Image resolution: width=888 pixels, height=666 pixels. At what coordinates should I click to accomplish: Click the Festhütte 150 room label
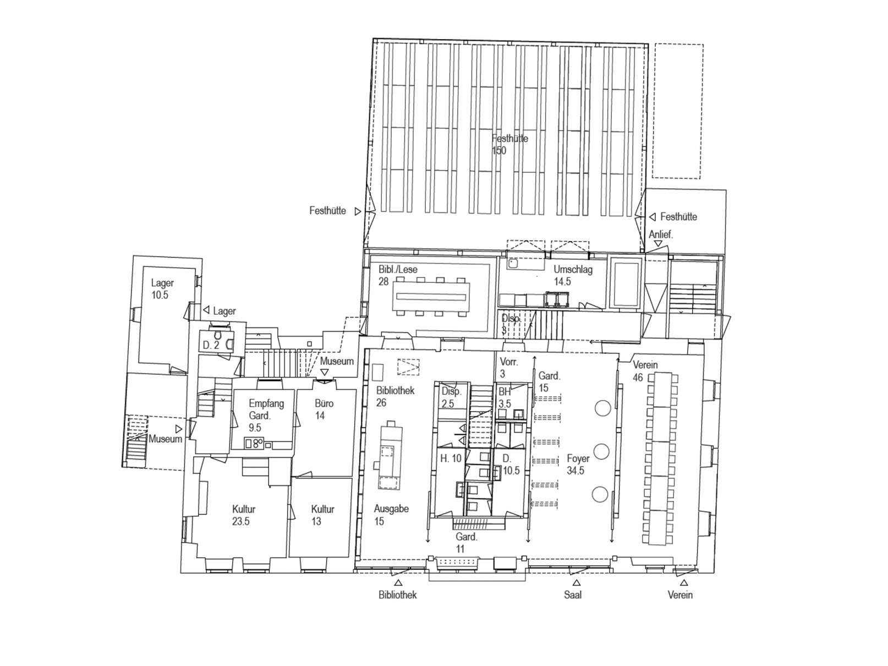click(x=509, y=144)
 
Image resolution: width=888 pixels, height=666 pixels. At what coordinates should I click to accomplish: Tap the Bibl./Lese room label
click(x=397, y=275)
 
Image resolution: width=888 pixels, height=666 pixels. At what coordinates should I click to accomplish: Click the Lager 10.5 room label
click(x=162, y=289)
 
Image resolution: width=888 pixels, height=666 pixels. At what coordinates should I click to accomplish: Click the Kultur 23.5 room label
click(x=243, y=515)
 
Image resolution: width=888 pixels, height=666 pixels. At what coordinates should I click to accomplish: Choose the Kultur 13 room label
click(x=322, y=515)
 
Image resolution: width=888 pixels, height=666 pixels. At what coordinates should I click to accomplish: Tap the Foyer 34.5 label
click(x=577, y=465)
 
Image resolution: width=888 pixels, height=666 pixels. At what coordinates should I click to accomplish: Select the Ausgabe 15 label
click(x=391, y=515)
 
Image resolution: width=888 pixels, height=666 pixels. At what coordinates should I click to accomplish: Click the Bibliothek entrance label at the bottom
click(x=397, y=595)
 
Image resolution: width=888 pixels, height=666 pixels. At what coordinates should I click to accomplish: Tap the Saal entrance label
click(x=572, y=595)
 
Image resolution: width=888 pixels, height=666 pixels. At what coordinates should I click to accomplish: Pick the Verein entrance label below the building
click(x=680, y=595)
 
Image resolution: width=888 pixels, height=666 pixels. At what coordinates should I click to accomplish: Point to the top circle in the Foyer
click(x=602, y=408)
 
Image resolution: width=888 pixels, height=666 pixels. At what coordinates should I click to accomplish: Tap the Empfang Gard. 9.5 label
click(x=266, y=415)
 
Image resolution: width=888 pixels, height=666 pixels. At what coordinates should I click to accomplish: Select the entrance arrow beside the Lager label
click(x=206, y=310)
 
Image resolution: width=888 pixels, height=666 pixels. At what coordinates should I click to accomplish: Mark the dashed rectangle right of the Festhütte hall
click(x=677, y=111)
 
